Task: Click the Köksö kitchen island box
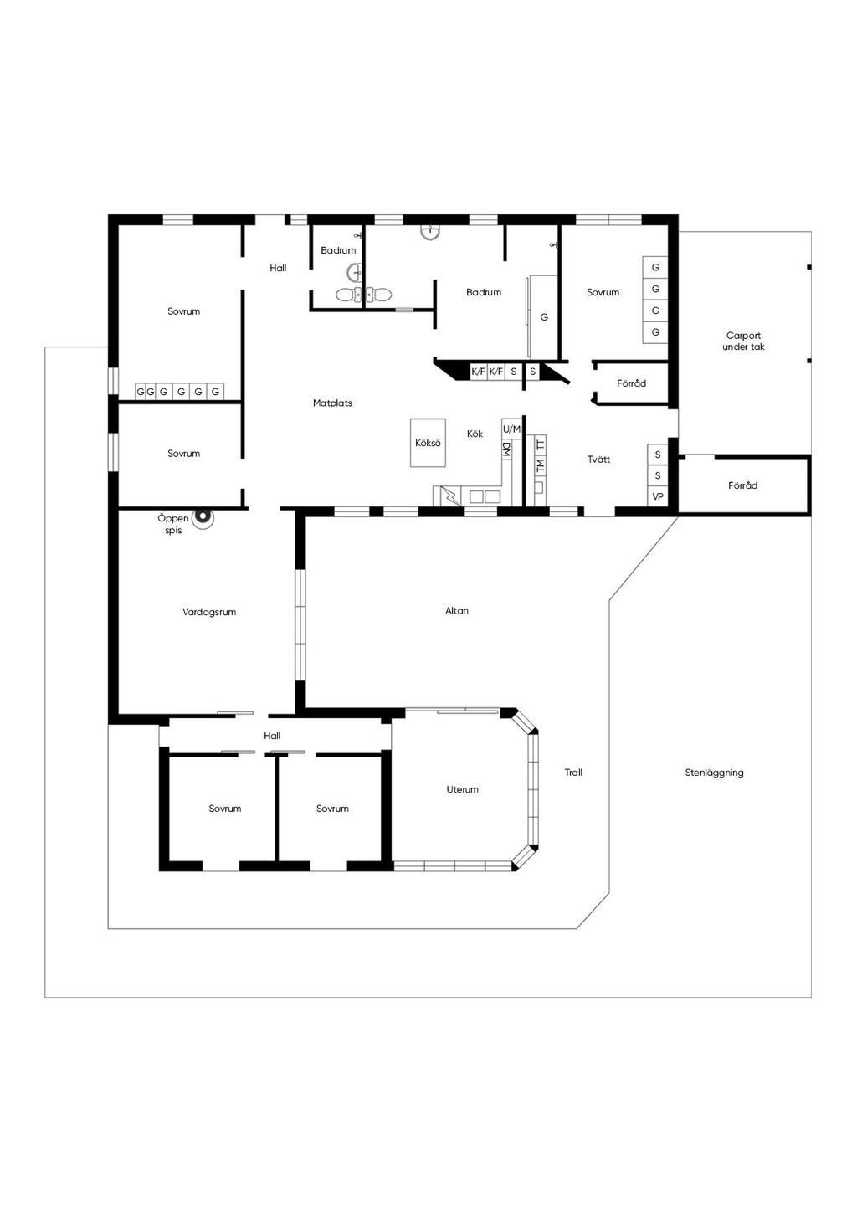point(428,443)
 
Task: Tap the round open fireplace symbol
point(203,519)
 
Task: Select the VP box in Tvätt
point(658,496)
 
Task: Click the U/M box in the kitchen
point(511,429)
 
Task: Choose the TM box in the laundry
point(541,464)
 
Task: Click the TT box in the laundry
point(541,444)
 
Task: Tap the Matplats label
point(332,403)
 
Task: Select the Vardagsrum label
point(209,612)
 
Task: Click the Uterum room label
point(462,789)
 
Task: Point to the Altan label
point(457,610)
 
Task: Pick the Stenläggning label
point(714,773)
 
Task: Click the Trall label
point(573,773)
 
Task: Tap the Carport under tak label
point(743,341)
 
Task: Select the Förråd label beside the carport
point(742,485)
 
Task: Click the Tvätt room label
point(598,460)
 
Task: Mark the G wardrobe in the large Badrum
point(544,317)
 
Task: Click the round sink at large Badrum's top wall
point(430,231)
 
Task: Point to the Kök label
point(475,434)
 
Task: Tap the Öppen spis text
point(173,524)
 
